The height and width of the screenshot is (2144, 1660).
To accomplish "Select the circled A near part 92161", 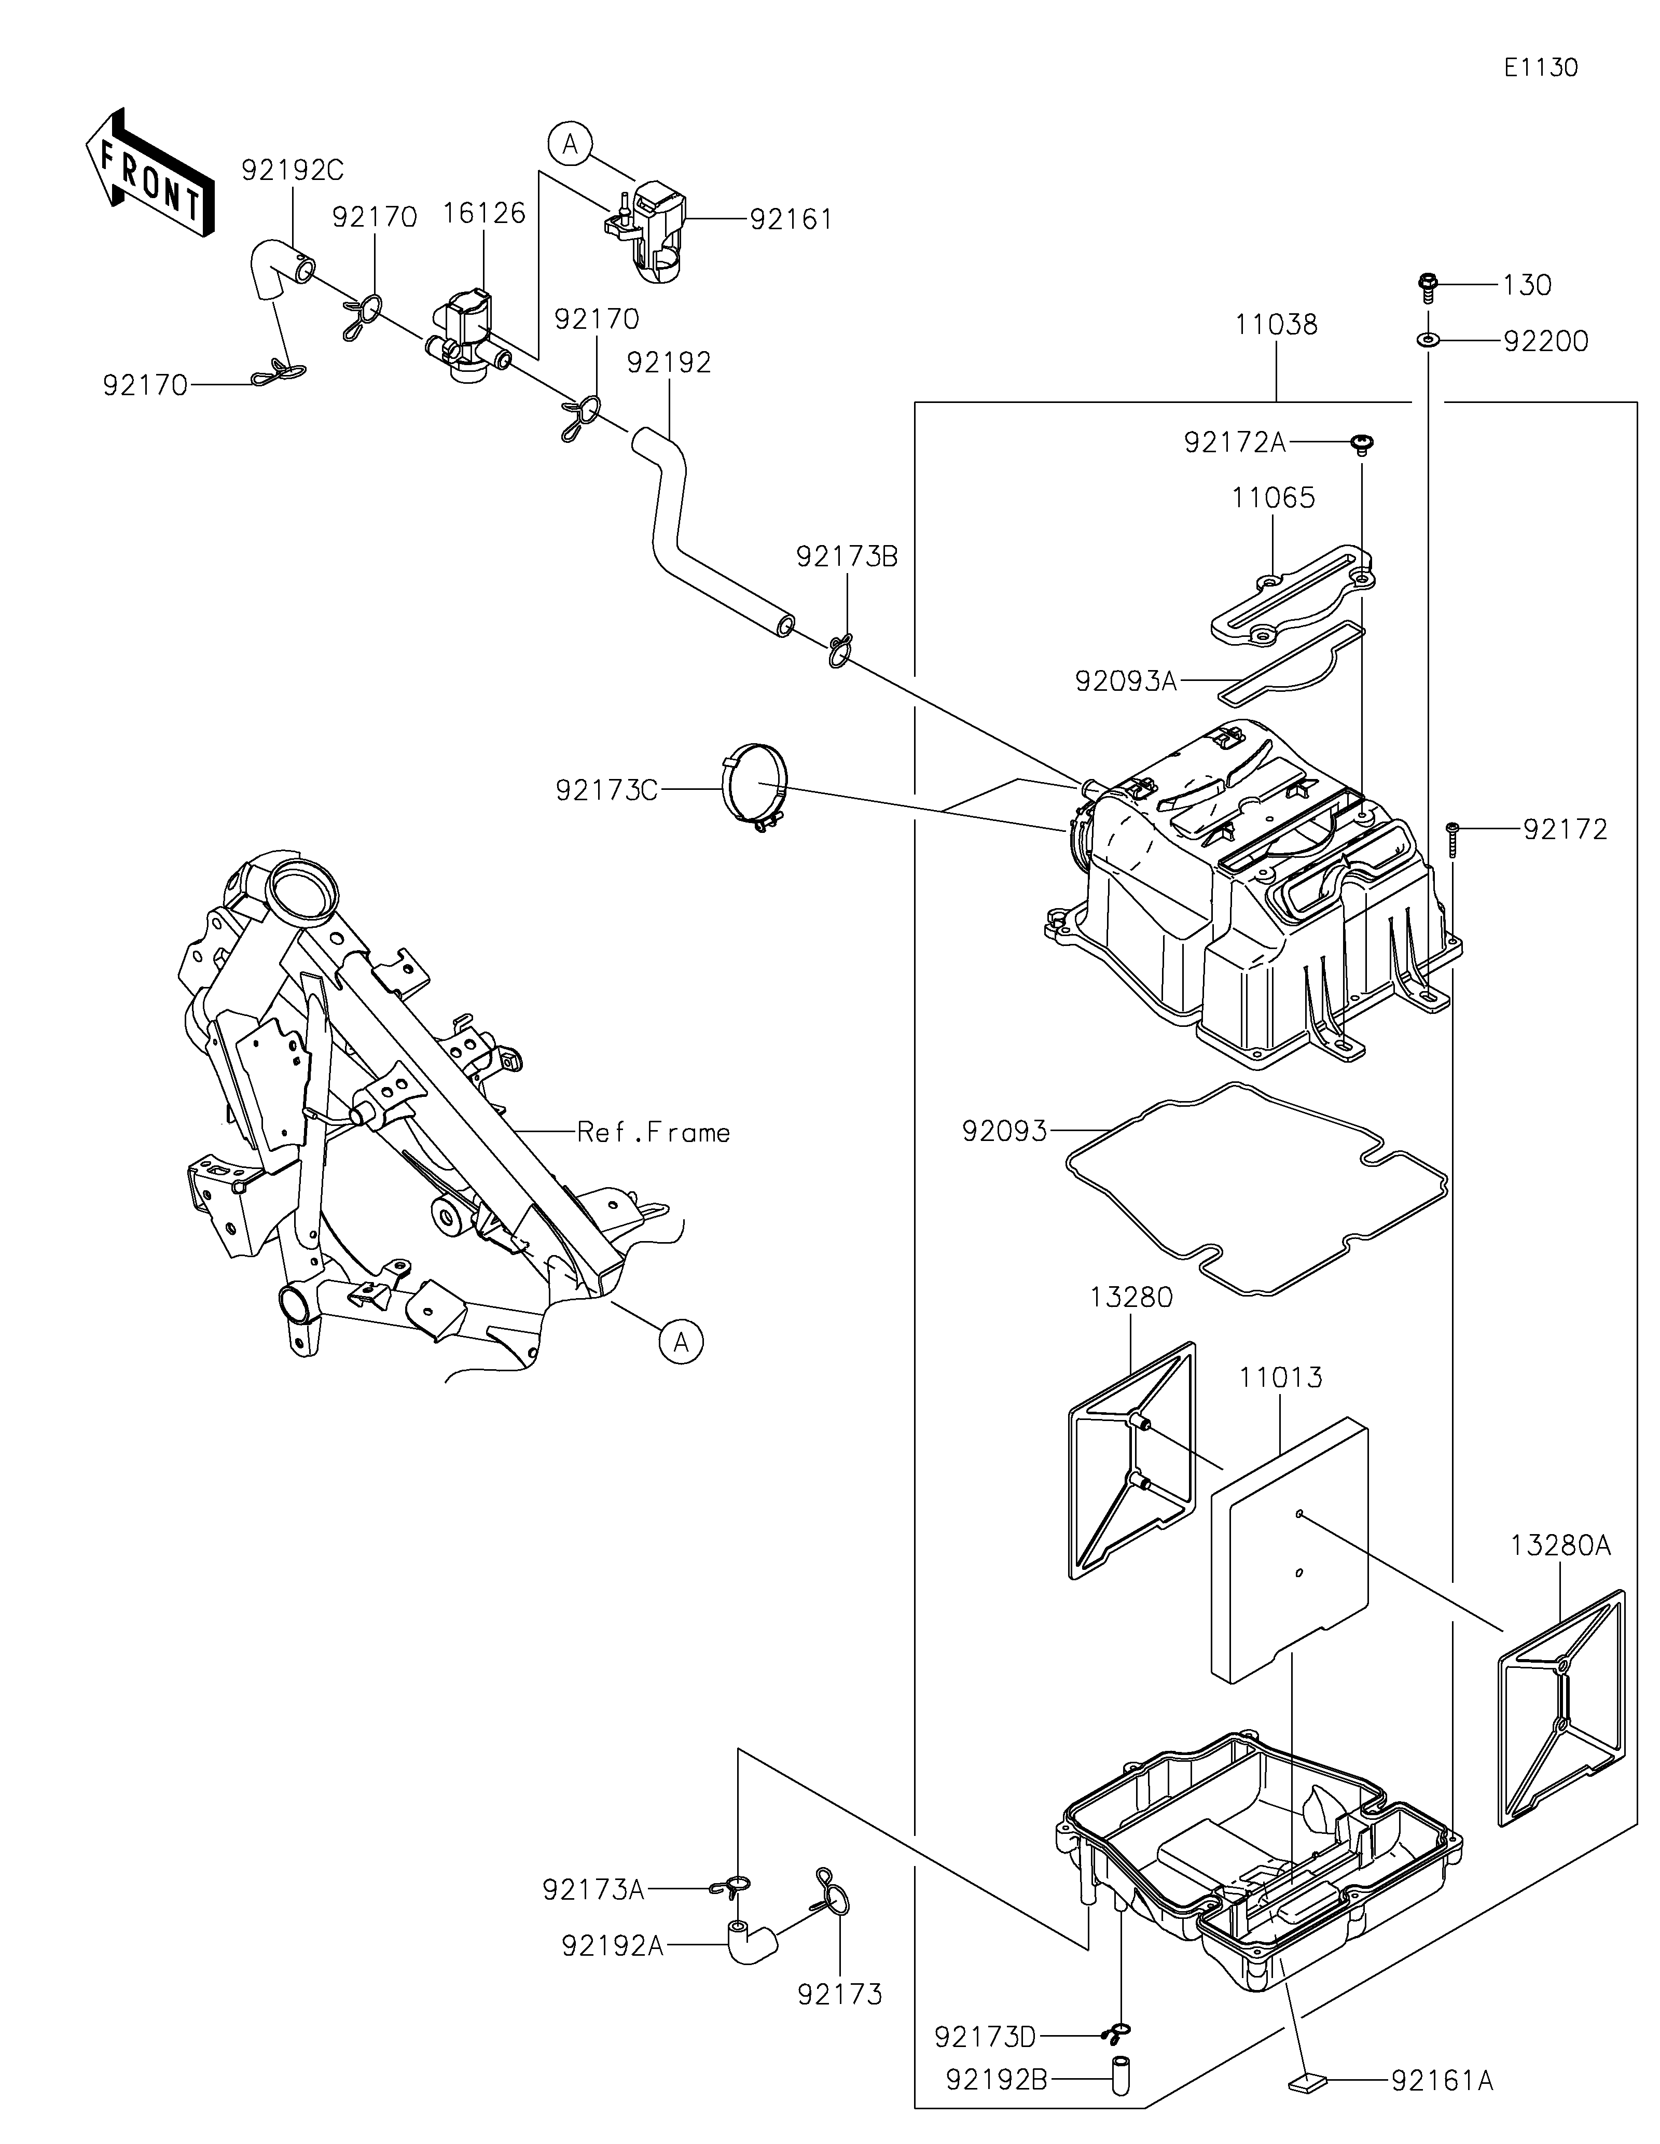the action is tap(570, 144).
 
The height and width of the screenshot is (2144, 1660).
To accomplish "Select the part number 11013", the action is tap(1281, 1377).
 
